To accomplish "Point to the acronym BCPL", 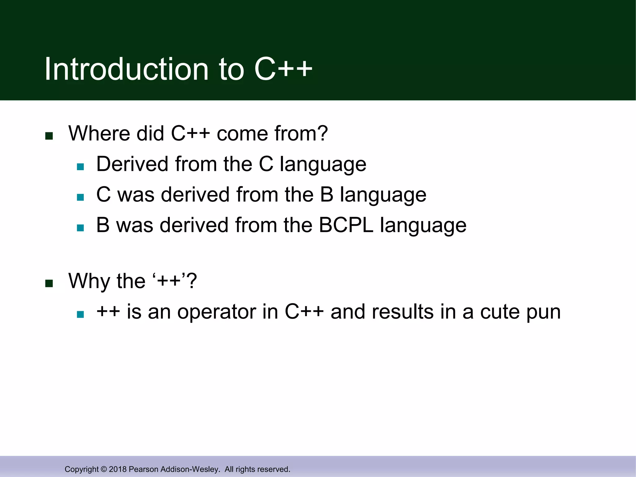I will coord(346,225).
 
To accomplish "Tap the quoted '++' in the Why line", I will coord(169,281).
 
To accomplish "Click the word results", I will coord(402,312).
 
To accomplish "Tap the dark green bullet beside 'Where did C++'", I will coord(49,136).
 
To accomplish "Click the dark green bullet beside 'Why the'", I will coord(49,284).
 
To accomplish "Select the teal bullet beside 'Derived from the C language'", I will coord(80,167).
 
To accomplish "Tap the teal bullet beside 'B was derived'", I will coord(80,228).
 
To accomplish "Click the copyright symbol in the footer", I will coord(104,469).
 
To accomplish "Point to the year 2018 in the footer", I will coord(118,469).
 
